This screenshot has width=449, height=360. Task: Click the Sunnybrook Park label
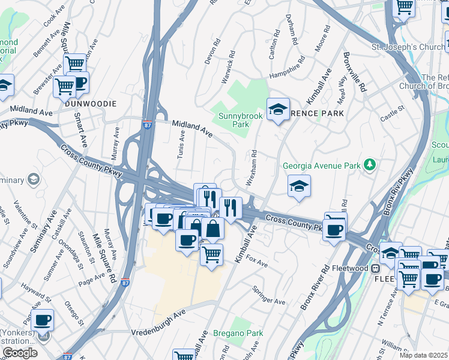[234, 119]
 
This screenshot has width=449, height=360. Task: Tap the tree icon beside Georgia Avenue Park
[371, 164]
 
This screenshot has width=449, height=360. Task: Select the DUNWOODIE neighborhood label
[90, 103]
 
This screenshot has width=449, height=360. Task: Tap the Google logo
[20, 353]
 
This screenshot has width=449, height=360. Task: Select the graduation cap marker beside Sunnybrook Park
[278, 110]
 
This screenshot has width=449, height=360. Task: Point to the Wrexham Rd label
[253, 168]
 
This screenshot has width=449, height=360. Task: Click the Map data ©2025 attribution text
[423, 355]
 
